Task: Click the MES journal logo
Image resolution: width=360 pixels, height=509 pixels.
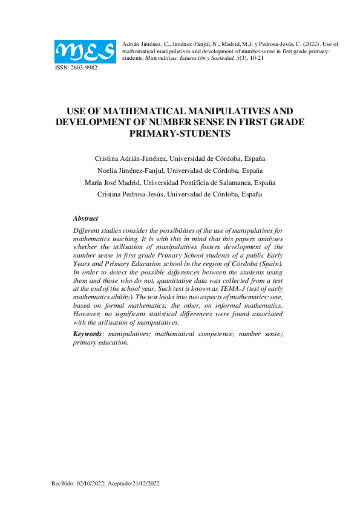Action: point(85,51)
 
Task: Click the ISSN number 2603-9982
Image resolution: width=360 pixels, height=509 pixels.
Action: point(83,68)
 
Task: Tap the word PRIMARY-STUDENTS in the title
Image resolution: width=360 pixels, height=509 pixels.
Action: point(180,133)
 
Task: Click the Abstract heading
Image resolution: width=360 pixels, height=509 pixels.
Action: point(85,218)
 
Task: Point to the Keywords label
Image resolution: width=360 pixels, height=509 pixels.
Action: point(87,334)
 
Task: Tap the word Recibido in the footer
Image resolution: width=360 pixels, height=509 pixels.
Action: point(63,484)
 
